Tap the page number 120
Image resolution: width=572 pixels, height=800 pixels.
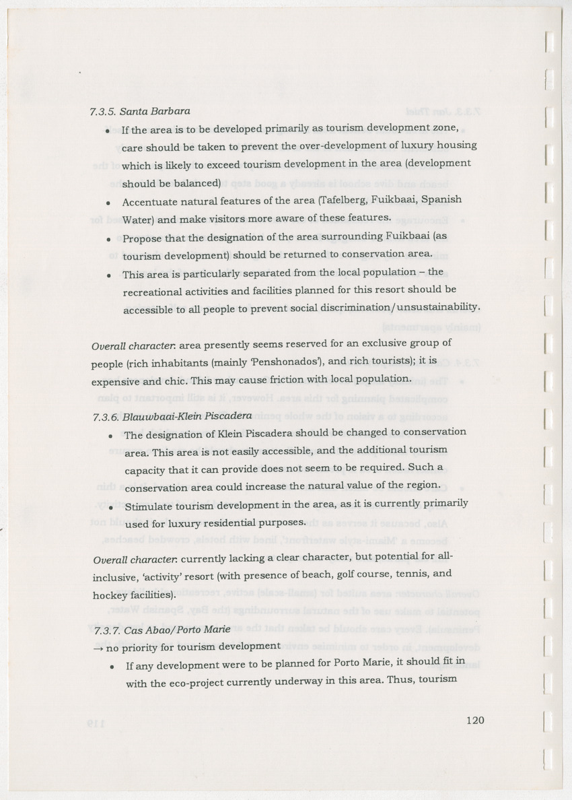pyautogui.click(x=475, y=719)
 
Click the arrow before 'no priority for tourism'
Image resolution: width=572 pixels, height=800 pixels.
pyautogui.click(x=94, y=648)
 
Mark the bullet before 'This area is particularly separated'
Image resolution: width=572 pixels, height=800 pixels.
pyautogui.click(x=108, y=275)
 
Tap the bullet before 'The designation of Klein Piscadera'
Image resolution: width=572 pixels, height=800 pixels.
pyautogui.click(x=110, y=435)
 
